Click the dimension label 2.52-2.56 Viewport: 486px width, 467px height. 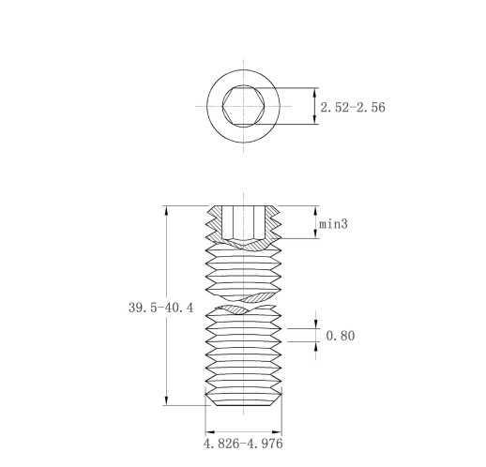(x=353, y=107)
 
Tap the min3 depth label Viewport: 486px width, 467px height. (x=333, y=224)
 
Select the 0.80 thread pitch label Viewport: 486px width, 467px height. (x=341, y=336)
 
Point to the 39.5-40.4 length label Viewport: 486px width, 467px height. (x=161, y=308)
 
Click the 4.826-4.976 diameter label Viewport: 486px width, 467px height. (x=243, y=444)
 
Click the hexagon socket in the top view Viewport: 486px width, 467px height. (x=244, y=106)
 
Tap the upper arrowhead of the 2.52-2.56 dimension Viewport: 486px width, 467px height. (x=315, y=92)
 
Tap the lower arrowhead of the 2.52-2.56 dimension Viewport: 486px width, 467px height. (x=315, y=120)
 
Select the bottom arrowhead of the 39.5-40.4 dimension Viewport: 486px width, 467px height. (x=166, y=400)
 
